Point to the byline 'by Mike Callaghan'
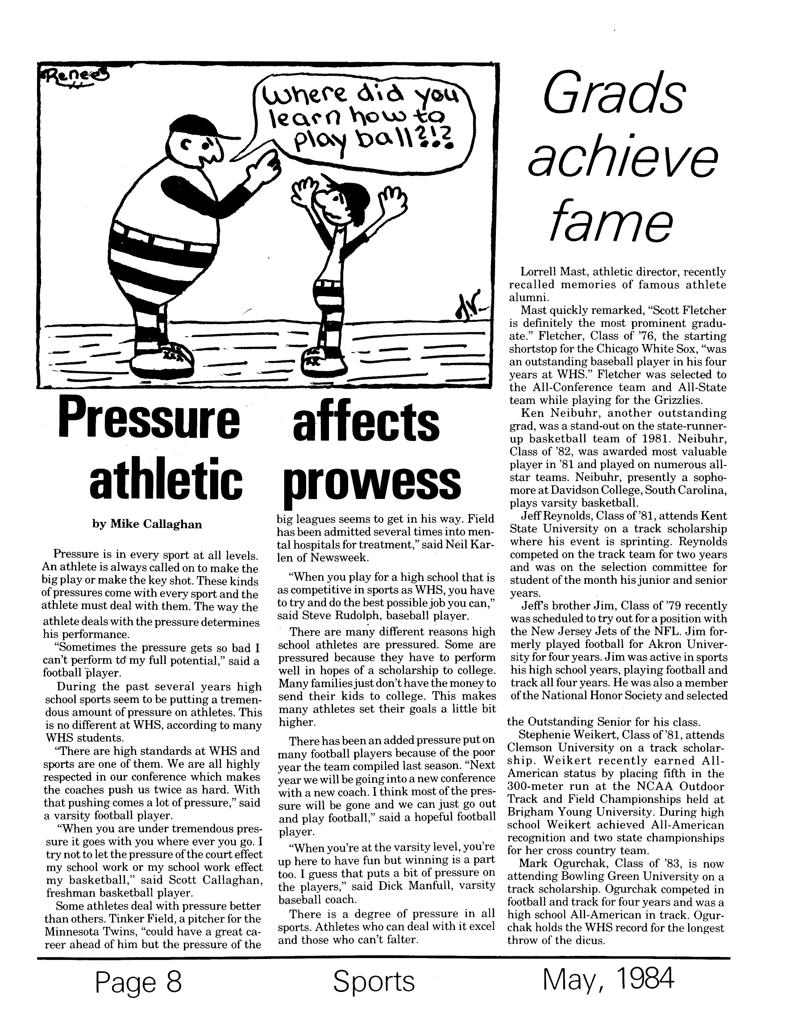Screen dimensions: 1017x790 coord(147,524)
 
